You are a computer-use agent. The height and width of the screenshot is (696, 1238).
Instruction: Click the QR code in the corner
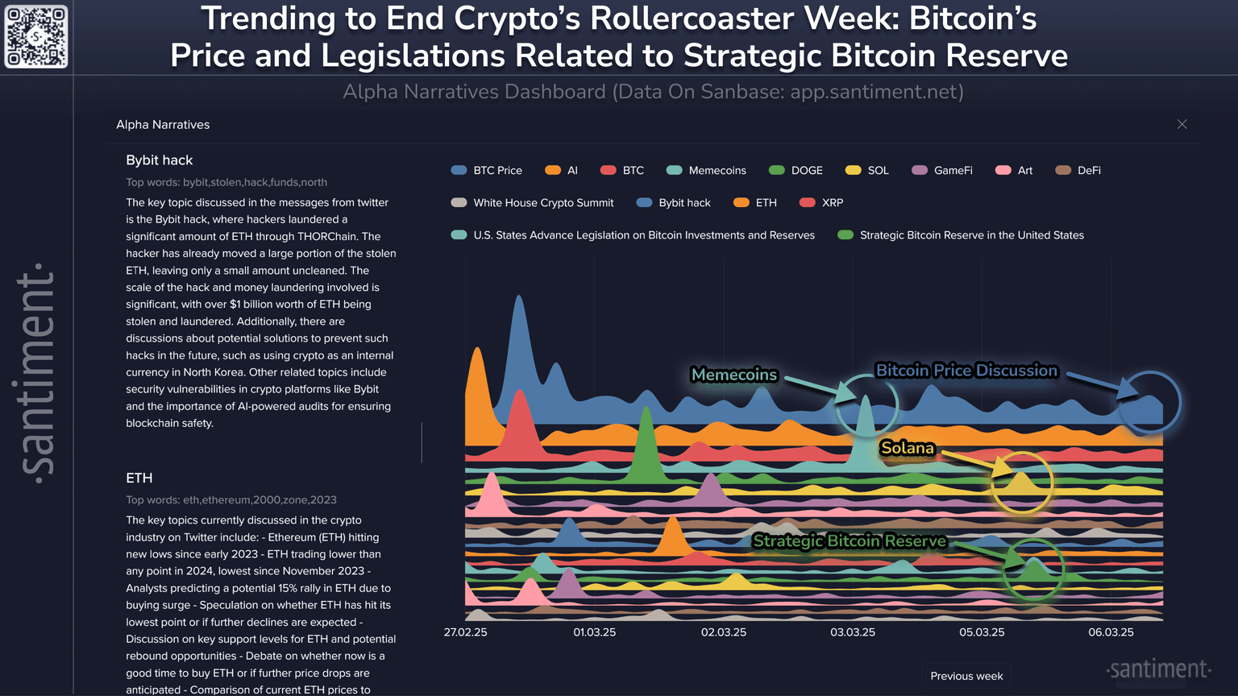(36, 37)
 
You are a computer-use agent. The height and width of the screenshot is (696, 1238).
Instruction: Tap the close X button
(1182, 124)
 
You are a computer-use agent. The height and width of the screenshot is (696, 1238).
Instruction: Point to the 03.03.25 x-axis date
(853, 632)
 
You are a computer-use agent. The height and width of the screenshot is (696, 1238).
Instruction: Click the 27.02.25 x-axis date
(466, 632)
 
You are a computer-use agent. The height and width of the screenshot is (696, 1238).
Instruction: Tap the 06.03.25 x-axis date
(1111, 632)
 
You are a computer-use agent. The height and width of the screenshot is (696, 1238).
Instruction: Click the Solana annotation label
(908, 448)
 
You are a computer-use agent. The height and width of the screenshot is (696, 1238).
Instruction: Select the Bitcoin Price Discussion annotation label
(966, 371)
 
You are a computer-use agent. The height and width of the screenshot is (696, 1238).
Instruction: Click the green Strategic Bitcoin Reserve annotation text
(850, 541)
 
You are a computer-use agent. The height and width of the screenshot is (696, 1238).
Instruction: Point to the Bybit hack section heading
(160, 160)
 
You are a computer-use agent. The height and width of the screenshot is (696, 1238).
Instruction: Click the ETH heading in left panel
(139, 478)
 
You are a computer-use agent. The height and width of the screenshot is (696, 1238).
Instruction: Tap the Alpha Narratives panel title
(163, 125)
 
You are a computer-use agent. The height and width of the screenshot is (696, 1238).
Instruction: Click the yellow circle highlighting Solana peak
(1021, 482)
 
